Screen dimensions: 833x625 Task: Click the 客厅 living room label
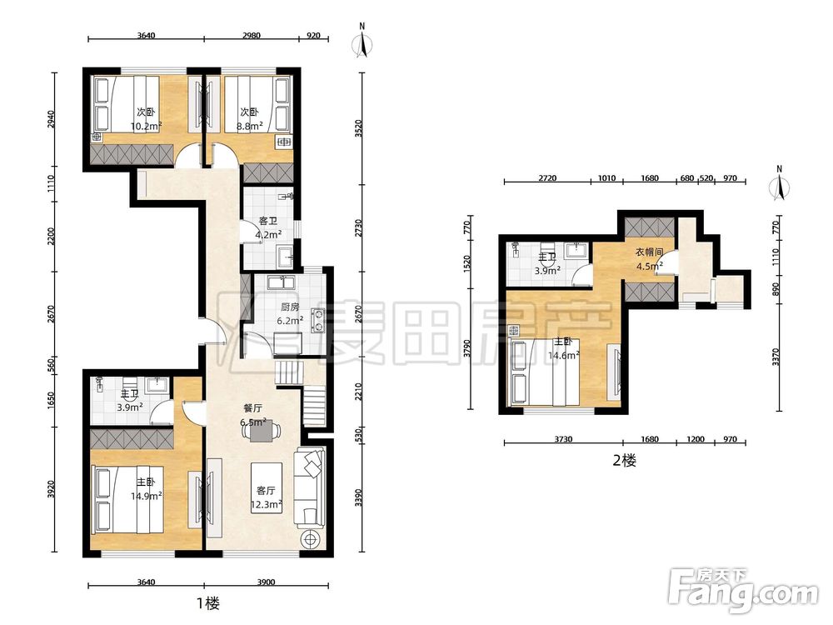(x=266, y=491)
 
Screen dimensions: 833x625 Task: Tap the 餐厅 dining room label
(x=252, y=408)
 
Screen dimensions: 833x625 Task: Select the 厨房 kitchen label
(x=290, y=307)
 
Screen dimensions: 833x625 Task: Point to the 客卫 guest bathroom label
(x=267, y=221)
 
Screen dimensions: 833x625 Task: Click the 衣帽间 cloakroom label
(x=649, y=252)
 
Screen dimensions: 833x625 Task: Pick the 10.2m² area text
(x=146, y=127)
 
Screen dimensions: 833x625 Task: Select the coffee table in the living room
(x=267, y=487)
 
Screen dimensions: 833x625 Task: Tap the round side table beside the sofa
(x=310, y=539)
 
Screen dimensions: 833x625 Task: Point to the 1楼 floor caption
(x=208, y=603)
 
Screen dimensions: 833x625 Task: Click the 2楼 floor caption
(x=624, y=460)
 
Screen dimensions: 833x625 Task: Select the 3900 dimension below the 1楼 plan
(x=267, y=582)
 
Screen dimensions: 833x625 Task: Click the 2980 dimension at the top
(x=252, y=36)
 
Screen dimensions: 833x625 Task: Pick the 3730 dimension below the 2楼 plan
(x=563, y=439)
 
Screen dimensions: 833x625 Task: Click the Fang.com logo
(x=744, y=589)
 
